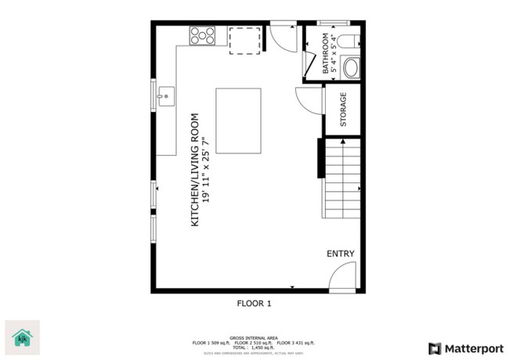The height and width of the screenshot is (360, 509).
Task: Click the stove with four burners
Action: (x=202, y=34)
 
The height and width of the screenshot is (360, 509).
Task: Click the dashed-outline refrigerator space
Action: (x=245, y=41)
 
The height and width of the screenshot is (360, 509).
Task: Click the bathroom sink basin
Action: (x=352, y=68)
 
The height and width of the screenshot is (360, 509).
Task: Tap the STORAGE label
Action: (x=343, y=110)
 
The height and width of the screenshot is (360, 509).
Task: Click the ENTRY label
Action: (x=341, y=254)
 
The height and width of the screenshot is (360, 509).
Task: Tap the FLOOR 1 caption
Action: (x=254, y=303)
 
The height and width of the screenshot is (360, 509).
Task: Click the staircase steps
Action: (x=343, y=178)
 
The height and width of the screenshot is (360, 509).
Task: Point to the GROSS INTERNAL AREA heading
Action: (x=254, y=337)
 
